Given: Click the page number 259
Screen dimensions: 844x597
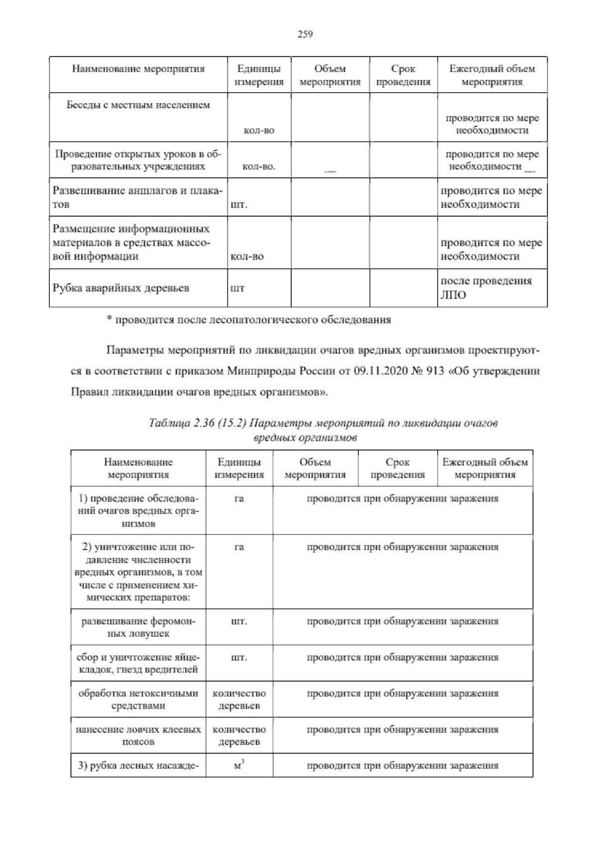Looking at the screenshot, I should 304,34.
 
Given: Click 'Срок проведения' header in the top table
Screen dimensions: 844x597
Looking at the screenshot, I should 403,75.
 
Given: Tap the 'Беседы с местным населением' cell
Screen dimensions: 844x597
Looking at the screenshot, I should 138,105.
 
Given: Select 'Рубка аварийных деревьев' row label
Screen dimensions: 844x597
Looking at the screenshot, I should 121,288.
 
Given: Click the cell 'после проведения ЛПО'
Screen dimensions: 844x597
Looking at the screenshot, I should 486,288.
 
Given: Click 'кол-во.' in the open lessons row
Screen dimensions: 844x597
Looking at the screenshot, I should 258,167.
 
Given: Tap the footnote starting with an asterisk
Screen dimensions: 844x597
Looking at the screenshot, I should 249,320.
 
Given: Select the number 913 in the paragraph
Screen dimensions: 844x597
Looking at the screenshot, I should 435,371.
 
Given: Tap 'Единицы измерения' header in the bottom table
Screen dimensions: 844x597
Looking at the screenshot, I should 239,468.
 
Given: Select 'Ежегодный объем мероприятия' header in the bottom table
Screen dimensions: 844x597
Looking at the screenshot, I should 485,468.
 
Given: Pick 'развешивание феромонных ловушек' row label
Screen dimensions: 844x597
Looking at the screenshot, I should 138,627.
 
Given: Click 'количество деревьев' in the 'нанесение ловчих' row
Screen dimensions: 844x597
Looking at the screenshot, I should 239,736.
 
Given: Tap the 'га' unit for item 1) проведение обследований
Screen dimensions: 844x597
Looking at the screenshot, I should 239,499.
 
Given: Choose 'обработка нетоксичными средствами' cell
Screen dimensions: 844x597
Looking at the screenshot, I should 138,699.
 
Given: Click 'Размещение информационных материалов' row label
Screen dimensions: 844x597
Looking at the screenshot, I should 132,243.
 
